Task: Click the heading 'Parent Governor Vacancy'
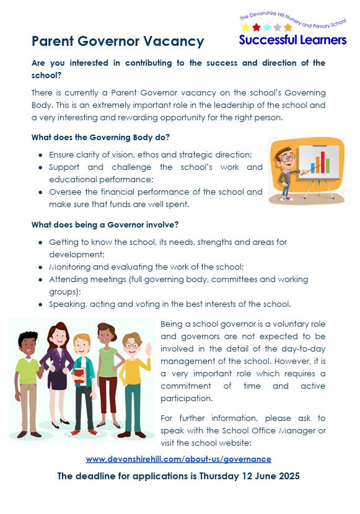point(118,42)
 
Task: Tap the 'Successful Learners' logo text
point(292,40)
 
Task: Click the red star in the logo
point(256,27)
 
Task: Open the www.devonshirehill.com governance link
point(178,459)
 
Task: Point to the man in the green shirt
point(27,378)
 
